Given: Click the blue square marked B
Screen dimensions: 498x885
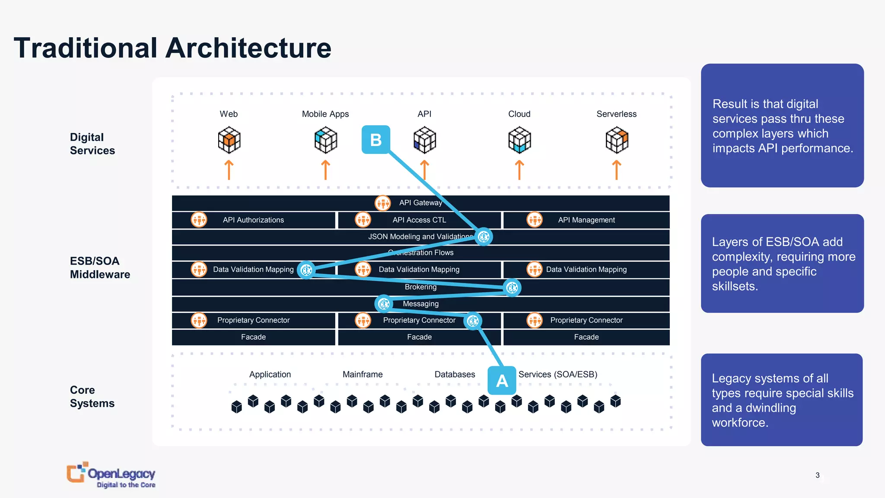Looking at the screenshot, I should pos(376,140).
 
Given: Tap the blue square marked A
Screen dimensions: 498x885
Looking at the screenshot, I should pos(502,380).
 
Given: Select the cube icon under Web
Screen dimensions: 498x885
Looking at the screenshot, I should pos(229,140).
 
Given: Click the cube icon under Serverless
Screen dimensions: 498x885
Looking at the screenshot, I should pos(617,140).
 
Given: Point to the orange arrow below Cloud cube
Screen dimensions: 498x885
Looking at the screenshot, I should pos(519,170).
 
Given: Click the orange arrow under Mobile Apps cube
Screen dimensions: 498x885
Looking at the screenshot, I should pos(325,170).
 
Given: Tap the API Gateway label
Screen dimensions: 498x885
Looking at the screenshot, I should pos(420,203).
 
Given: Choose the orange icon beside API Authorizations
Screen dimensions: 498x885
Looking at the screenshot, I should pos(199,220).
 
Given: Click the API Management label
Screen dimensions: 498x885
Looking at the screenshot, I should pos(586,220).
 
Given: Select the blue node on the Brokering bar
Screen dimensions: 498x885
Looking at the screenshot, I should pos(512,287).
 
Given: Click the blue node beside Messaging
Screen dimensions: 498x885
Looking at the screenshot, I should pos(383,304).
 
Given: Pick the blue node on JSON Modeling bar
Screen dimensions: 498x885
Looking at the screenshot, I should pos(484,236).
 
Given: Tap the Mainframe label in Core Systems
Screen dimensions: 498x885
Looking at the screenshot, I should pos(363,374).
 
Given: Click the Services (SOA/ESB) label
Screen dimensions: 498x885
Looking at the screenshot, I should pos(558,374).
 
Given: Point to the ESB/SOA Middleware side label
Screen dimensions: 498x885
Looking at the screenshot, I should pos(100,268).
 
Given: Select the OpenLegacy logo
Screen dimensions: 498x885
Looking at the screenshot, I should pos(111,475).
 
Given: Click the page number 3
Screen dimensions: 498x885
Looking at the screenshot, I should pos(817,475).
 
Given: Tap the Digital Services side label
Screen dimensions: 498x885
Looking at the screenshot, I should pos(92,144).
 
